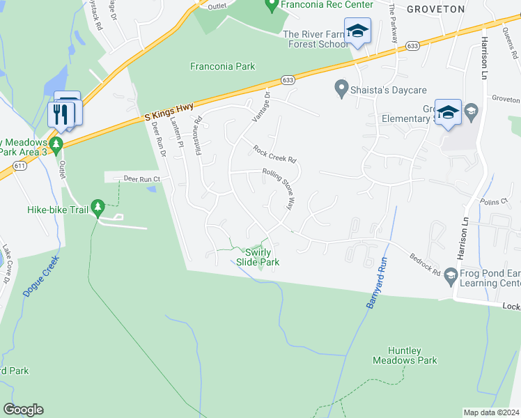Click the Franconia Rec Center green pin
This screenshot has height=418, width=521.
[272, 6]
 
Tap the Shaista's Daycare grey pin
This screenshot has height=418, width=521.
[341, 88]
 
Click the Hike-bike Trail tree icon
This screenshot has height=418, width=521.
[98, 208]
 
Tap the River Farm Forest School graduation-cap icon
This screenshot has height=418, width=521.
[358, 32]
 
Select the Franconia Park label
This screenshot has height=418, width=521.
[223, 67]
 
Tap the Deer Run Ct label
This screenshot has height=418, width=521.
[142, 179]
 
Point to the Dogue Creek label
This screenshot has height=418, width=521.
[41, 277]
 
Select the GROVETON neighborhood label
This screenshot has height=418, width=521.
[435, 9]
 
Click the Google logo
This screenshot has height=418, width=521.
[23, 410]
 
